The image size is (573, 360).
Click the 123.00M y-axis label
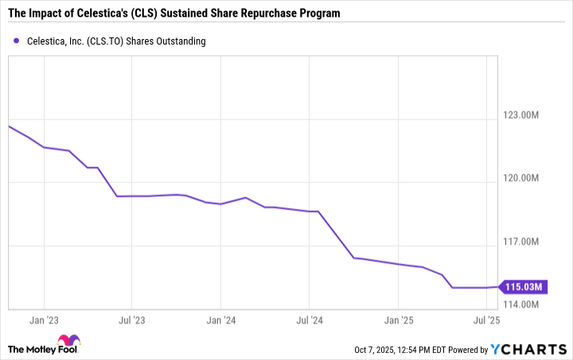click(520, 115)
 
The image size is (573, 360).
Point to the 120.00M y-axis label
click(520, 178)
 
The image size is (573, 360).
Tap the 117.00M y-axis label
click(520, 241)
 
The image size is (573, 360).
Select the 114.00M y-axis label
click(520, 304)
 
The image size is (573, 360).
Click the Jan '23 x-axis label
click(44, 320)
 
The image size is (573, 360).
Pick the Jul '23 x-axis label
click(132, 320)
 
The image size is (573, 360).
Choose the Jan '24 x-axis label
click(221, 320)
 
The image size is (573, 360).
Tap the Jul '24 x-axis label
click(310, 320)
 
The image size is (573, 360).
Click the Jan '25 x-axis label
click(399, 320)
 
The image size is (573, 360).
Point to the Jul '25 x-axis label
click(487, 320)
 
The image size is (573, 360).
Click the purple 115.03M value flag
click(524, 287)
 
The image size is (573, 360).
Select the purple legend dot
click(16, 41)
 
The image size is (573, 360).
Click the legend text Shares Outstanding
click(166, 41)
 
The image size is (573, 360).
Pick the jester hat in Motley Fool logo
click(69, 340)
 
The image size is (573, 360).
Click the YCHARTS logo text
click(528, 350)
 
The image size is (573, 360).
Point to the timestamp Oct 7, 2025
click(374, 350)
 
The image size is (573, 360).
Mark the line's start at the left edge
click(9, 126)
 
